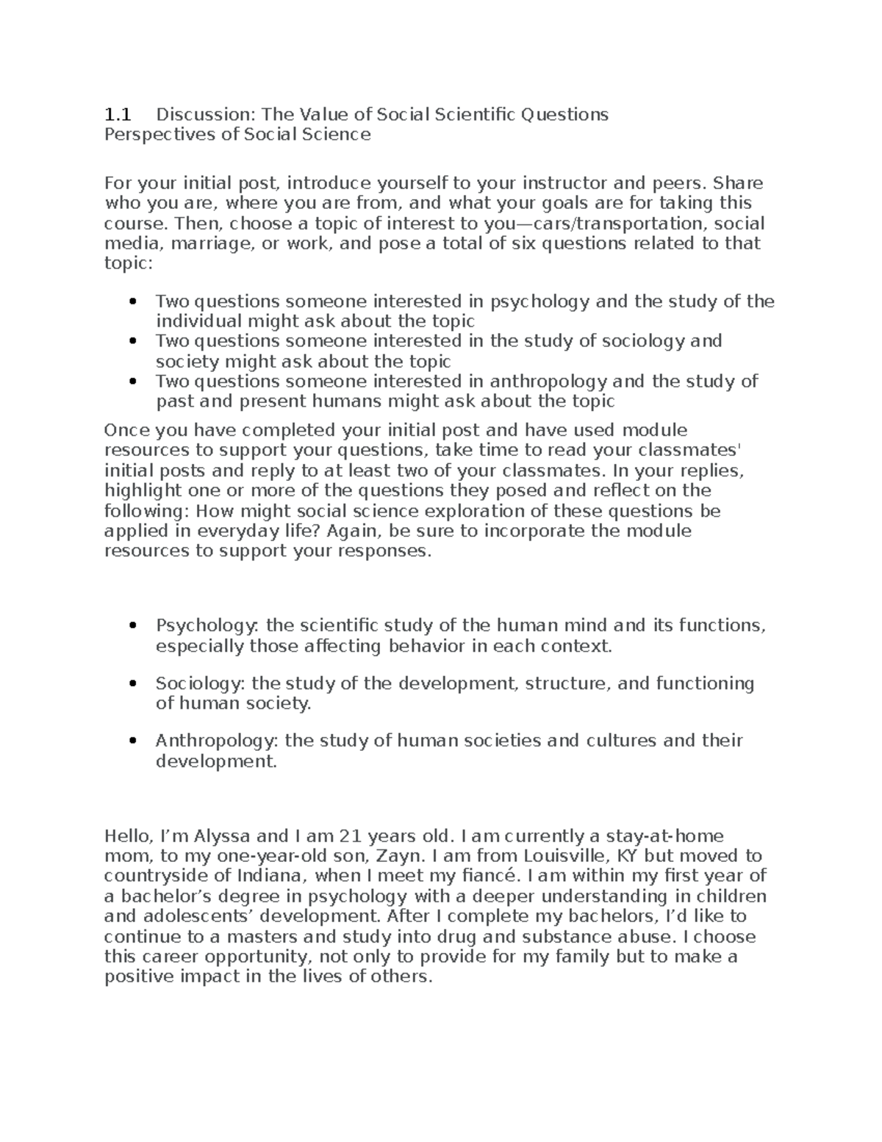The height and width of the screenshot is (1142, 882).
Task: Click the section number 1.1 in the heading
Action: click(117, 115)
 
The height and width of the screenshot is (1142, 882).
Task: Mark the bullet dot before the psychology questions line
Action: click(133, 301)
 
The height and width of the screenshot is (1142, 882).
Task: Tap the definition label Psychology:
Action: click(207, 626)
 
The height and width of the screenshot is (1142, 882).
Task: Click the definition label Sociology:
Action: click(201, 684)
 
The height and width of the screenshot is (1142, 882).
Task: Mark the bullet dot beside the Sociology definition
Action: click(133, 684)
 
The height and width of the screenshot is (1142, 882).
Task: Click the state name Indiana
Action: click(273, 876)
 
